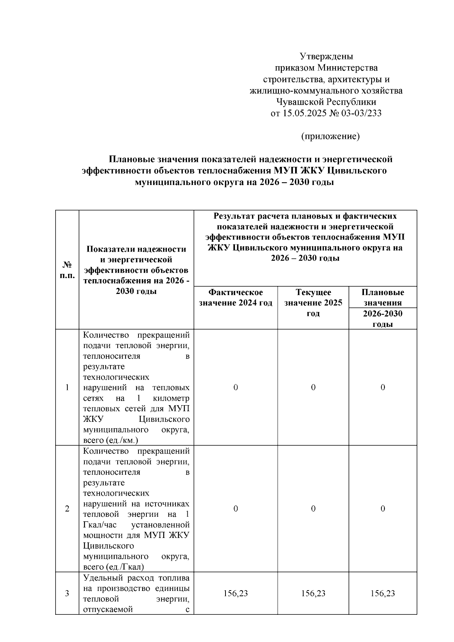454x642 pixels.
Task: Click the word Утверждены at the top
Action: pyautogui.click(x=326, y=57)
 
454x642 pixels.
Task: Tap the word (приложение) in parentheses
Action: pyautogui.click(x=330, y=136)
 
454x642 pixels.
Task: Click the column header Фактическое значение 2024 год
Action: pyautogui.click(x=236, y=297)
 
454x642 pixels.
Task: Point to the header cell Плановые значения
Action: pyautogui.click(x=382, y=297)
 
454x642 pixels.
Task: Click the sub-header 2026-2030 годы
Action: pyautogui.click(x=382, y=319)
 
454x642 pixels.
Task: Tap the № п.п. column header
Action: pyautogui.click(x=67, y=269)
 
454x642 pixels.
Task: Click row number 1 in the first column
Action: pyautogui.click(x=67, y=387)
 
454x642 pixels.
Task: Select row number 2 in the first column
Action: pyautogui.click(x=67, y=509)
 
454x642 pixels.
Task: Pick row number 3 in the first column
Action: pyautogui.click(x=67, y=594)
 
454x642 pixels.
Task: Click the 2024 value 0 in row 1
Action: pyautogui.click(x=236, y=387)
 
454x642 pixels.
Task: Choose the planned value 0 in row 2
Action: pyautogui.click(x=382, y=509)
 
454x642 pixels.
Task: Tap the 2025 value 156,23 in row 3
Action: pyautogui.click(x=313, y=594)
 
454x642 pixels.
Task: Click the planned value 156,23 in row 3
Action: pyautogui.click(x=382, y=594)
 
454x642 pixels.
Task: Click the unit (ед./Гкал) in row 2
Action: pyautogui.click(x=125, y=567)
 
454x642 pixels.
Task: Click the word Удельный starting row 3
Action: pyautogui.click(x=99, y=578)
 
